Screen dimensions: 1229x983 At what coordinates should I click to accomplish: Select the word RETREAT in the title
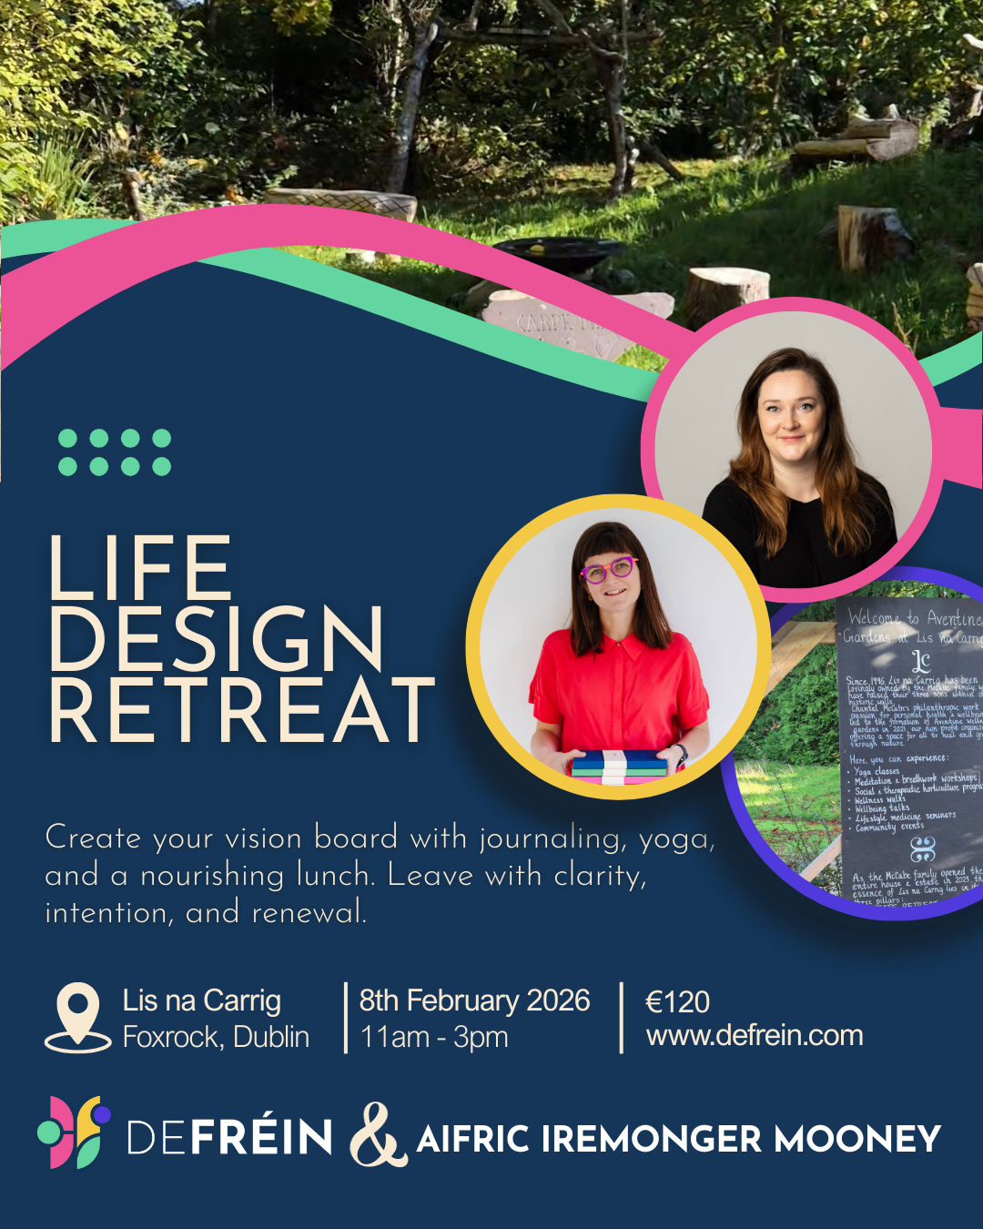tap(242, 710)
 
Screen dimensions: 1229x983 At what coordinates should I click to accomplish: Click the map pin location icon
tap(78, 1016)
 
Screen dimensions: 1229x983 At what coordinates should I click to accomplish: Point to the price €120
tap(677, 1001)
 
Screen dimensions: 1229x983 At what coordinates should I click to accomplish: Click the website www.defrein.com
tap(755, 1035)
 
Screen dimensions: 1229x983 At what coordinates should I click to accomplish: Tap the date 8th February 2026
tap(474, 1000)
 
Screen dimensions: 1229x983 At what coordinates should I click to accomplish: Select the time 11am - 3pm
tap(434, 1037)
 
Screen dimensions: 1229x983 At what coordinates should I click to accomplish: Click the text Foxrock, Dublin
tap(216, 1037)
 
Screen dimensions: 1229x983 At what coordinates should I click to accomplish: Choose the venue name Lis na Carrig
tap(201, 1000)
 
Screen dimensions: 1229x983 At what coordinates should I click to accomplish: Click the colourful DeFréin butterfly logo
tap(75, 1132)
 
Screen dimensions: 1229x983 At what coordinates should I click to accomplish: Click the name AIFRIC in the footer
tap(472, 1139)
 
